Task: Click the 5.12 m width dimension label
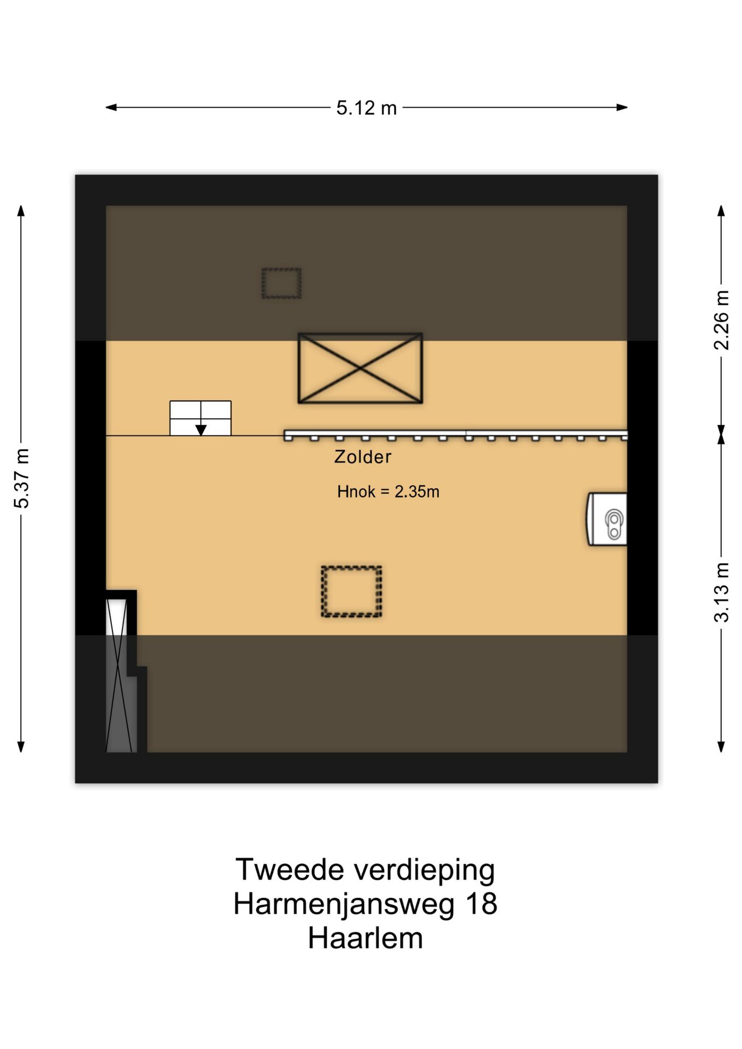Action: point(366,108)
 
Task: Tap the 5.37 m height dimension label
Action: point(21,478)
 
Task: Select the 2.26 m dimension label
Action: point(721,320)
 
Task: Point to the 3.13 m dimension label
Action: point(721,592)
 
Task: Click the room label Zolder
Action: point(363,457)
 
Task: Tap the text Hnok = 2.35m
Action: point(388,492)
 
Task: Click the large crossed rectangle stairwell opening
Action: point(360,368)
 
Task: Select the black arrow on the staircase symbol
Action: point(201,429)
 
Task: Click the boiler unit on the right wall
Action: point(608,519)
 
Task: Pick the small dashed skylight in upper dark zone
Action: point(281,283)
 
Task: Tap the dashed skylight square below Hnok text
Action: point(351,592)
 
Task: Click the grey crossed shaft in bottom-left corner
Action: point(120,677)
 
